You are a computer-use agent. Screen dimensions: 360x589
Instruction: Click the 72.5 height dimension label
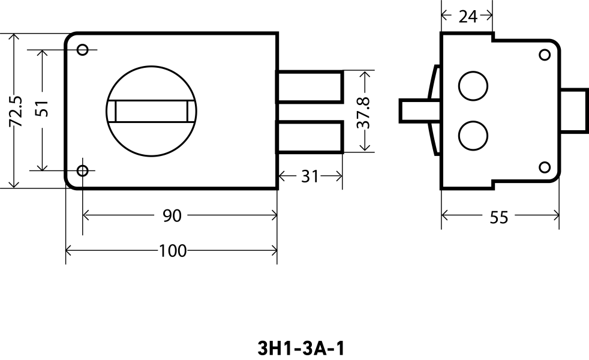(x=16, y=111)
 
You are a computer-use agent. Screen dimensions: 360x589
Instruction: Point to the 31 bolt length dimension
(x=309, y=176)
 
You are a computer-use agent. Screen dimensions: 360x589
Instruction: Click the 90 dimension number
(x=172, y=215)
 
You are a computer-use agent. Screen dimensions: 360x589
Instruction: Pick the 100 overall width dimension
(x=172, y=251)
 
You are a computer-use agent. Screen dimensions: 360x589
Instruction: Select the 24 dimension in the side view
(x=467, y=16)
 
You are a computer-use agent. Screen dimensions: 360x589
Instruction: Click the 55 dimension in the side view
(x=498, y=217)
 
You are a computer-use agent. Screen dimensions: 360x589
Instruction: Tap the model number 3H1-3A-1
(x=301, y=348)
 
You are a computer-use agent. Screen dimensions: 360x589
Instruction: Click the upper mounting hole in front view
(x=83, y=49)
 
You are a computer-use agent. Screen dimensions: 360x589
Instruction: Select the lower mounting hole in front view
(x=83, y=170)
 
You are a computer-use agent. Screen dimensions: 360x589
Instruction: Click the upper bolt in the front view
(x=309, y=86)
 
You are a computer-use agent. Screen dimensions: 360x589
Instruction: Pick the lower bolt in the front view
(x=309, y=137)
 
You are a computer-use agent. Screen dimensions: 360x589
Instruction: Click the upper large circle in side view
(x=473, y=86)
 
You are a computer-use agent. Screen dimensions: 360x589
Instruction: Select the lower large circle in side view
(x=473, y=135)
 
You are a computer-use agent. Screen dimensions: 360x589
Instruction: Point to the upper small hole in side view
(x=545, y=55)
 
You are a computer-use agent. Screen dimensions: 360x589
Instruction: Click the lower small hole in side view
(x=545, y=167)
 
